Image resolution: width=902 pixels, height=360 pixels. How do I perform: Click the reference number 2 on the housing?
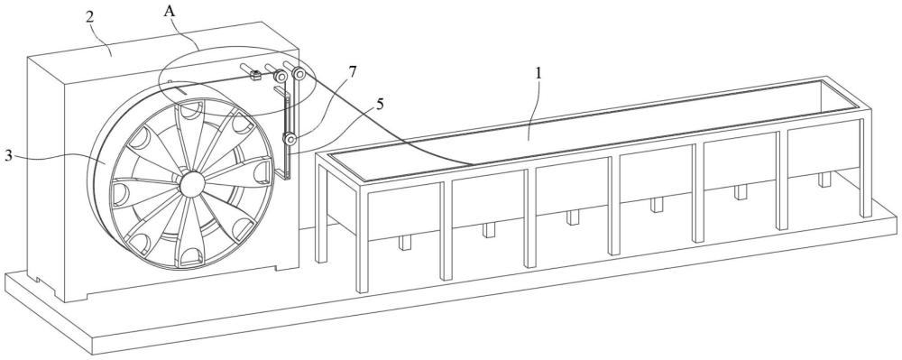click(89, 16)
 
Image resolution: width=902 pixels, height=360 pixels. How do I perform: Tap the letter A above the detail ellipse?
click(170, 10)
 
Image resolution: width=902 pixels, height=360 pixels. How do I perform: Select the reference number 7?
click(352, 72)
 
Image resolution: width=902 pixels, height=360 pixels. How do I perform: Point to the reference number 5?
click(381, 104)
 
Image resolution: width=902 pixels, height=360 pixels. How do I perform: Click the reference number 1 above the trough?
click(538, 74)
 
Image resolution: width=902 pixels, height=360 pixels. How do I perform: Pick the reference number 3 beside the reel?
click(8, 156)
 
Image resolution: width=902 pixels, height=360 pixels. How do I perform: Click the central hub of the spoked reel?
click(191, 184)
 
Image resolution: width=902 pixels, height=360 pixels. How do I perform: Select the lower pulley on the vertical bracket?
click(290, 139)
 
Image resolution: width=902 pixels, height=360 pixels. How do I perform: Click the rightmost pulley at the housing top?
click(299, 74)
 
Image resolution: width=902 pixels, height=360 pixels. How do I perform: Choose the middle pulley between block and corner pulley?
click(281, 77)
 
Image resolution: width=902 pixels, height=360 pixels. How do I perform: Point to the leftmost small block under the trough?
click(406, 244)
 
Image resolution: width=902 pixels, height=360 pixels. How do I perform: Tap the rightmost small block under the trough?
click(825, 180)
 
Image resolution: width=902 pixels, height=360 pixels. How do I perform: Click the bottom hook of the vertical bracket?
click(282, 175)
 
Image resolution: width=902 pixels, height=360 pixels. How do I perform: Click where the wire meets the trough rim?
click(473, 164)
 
